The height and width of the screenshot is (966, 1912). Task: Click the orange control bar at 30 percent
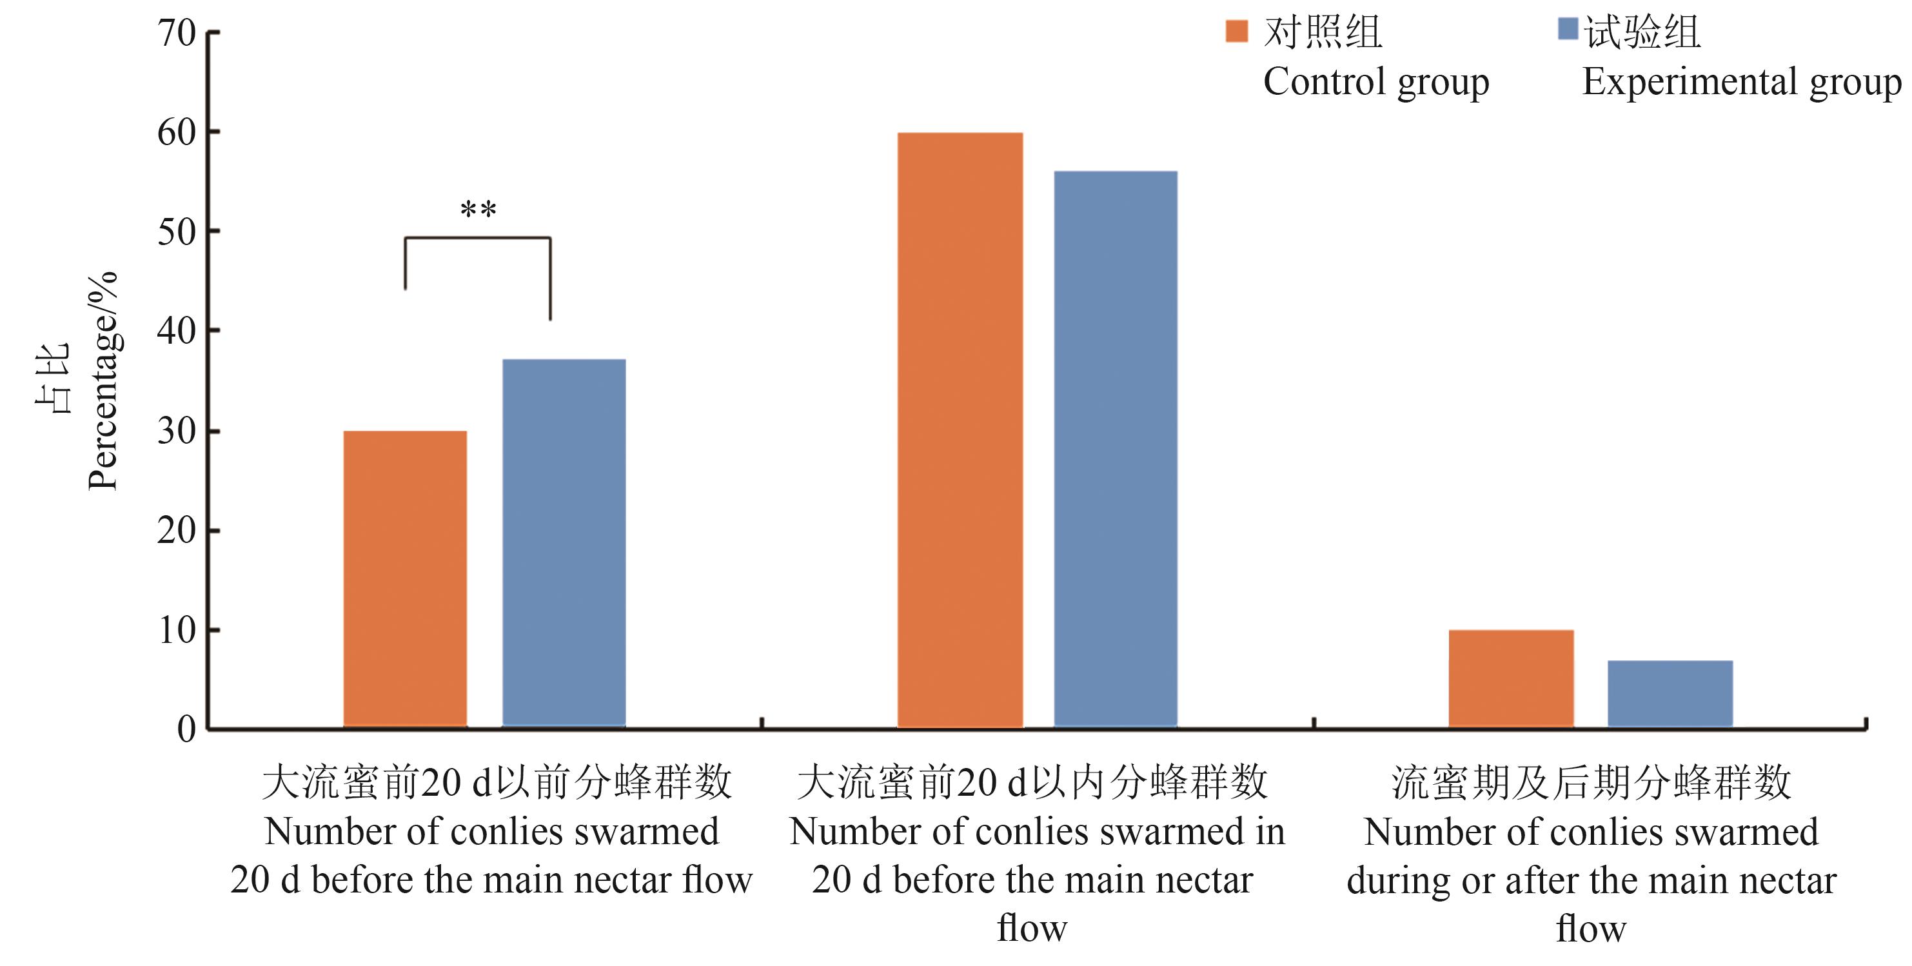coord(405,578)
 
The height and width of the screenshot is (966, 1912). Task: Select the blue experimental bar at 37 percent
coord(564,543)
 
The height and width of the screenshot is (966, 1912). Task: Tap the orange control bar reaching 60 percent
coord(960,430)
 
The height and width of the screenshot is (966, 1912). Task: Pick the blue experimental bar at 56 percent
coord(1116,449)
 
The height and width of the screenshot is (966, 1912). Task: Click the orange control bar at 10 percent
coord(1510,678)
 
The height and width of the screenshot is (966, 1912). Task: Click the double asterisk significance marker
coord(478,210)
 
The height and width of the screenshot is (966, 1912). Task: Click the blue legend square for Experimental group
coord(1568,29)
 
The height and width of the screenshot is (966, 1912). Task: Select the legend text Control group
coord(1375,81)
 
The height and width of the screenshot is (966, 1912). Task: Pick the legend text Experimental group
coord(1741,81)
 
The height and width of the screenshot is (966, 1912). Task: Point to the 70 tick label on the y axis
coord(177,34)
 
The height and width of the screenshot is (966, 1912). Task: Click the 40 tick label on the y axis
coord(177,331)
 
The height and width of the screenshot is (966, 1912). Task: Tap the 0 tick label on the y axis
coord(186,730)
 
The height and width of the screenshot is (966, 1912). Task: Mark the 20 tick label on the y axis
coord(177,531)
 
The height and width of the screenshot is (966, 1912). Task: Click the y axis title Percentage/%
coord(103,380)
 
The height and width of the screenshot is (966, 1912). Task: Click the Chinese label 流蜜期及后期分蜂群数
coord(1591,783)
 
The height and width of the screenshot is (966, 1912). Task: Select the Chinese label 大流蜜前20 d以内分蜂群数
coord(1032,783)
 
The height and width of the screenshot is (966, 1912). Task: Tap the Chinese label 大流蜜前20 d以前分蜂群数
coord(497,783)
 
